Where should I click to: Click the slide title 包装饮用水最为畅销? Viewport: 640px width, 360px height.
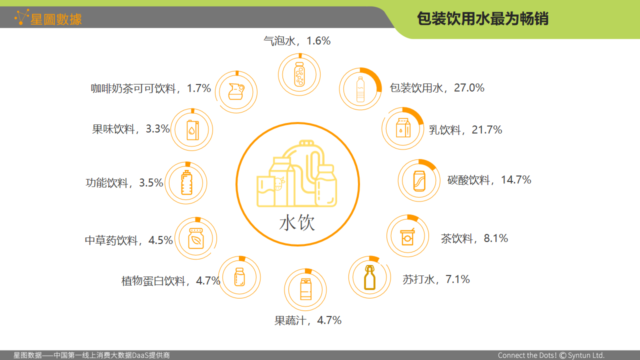pos(482,18)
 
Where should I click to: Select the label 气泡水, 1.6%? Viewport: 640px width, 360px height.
pos(297,41)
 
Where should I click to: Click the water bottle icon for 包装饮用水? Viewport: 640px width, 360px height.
pos(360,89)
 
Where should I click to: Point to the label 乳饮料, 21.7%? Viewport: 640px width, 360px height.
pos(465,130)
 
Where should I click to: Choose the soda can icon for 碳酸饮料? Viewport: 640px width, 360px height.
pos(419,180)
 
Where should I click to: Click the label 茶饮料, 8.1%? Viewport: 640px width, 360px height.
pos(474,238)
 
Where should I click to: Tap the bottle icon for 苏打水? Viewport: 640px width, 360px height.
pos(369,277)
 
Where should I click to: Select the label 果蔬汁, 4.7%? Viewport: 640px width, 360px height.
pos(308,320)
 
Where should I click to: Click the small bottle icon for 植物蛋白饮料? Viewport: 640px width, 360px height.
pos(239,277)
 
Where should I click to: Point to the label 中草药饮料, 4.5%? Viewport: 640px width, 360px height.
pos(128,240)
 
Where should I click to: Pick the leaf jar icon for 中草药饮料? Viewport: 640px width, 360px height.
pos(195,238)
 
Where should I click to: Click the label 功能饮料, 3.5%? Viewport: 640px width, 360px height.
pos(124,183)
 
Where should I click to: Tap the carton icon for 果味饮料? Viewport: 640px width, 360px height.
pos(192,129)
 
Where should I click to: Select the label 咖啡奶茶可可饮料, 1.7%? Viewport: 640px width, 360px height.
pos(151,89)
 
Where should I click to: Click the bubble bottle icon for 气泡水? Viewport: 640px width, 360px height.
pos(299,74)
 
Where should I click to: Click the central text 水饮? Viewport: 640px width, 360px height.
pos(297,222)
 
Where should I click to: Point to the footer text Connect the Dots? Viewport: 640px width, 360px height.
pos(527,355)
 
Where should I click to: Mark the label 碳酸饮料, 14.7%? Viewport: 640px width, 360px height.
pos(489,180)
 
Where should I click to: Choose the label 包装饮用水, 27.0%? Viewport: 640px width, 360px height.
pos(437,88)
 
